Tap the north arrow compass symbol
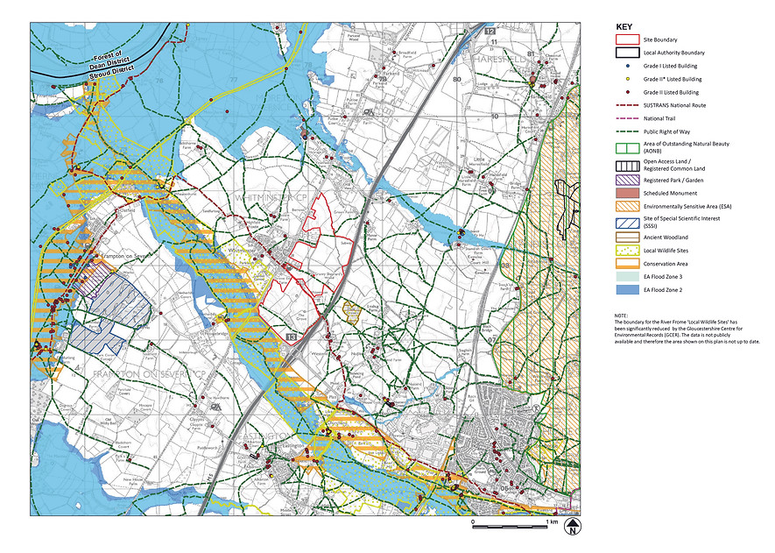[x=573, y=528]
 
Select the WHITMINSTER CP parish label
[x=271, y=200]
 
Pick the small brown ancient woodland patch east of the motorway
[x=351, y=311]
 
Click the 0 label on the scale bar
[x=473, y=521]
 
